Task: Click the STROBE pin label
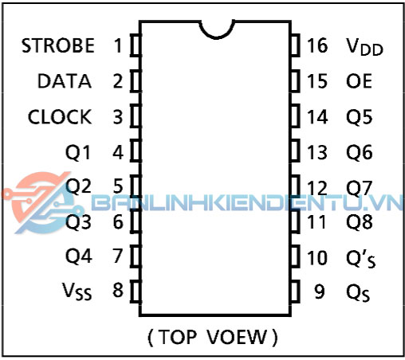58,45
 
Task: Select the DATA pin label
65,81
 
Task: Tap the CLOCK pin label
60,117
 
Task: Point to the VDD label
364,47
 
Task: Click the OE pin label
359,81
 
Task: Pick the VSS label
77,291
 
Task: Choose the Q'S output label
361,259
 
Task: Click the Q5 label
360,117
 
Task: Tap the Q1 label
78,153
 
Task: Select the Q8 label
360,222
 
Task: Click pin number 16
317,45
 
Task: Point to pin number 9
320,292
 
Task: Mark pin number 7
118,256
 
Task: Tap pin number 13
317,152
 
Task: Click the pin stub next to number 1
136,45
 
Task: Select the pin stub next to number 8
136,292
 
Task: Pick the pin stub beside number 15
295,81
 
